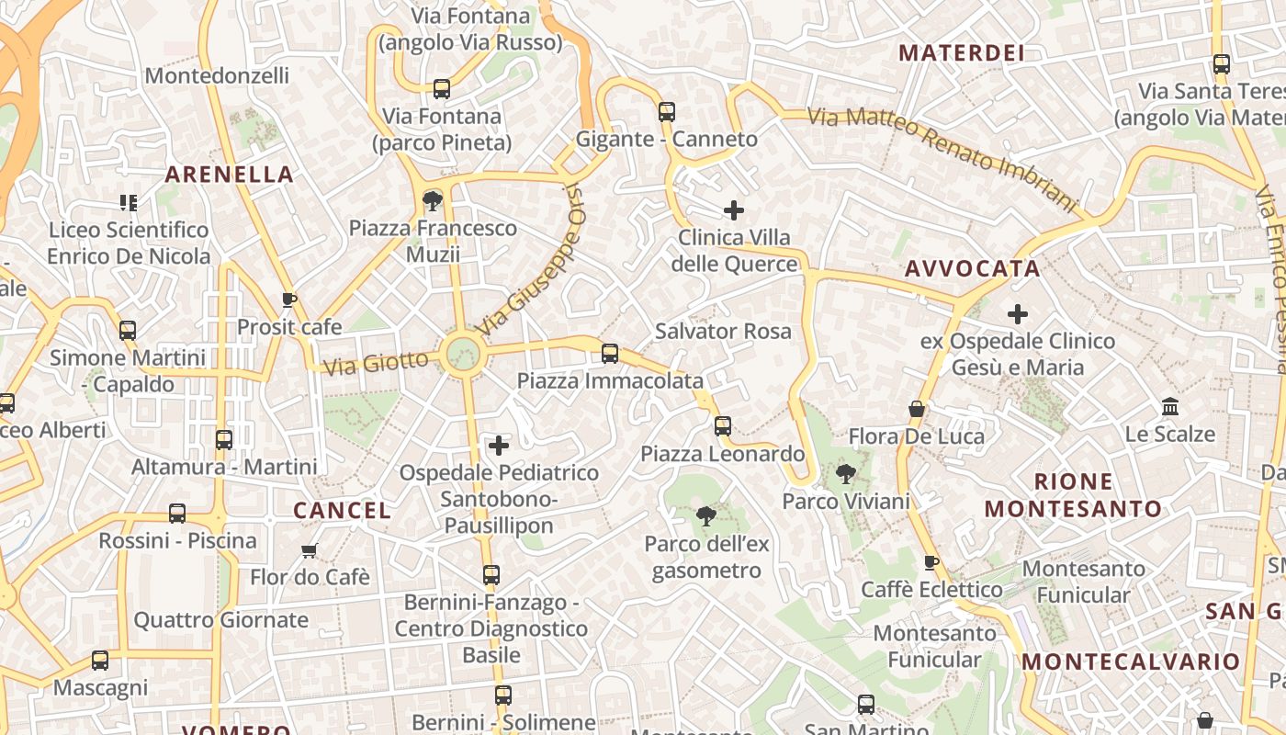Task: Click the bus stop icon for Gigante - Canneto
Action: pyautogui.click(x=667, y=112)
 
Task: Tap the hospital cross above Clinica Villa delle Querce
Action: pyautogui.click(x=733, y=210)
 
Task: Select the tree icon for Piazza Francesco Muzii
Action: pyautogui.click(x=432, y=200)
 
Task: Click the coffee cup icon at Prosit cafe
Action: pyautogui.click(x=288, y=300)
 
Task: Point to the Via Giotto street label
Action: pyautogui.click(x=376, y=362)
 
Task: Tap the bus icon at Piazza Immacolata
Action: pyautogui.click(x=609, y=354)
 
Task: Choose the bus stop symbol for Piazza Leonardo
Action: pyautogui.click(x=723, y=426)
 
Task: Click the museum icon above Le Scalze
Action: pyautogui.click(x=1170, y=406)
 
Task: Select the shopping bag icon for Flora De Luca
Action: pyautogui.click(x=916, y=409)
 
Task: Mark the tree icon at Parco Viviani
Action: pyautogui.click(x=845, y=474)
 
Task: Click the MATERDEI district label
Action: pyautogui.click(x=961, y=53)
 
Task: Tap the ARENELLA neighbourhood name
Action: pyautogui.click(x=230, y=175)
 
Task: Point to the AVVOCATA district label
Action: pyautogui.click(x=973, y=269)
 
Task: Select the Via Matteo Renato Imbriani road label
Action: pyautogui.click(x=941, y=158)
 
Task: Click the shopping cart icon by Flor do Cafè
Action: pyautogui.click(x=310, y=550)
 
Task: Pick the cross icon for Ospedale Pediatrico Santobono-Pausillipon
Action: pyautogui.click(x=499, y=446)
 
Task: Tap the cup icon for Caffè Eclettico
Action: pyautogui.click(x=931, y=562)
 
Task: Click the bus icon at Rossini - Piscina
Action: pyautogui.click(x=177, y=514)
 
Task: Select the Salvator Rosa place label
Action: pyautogui.click(x=723, y=331)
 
